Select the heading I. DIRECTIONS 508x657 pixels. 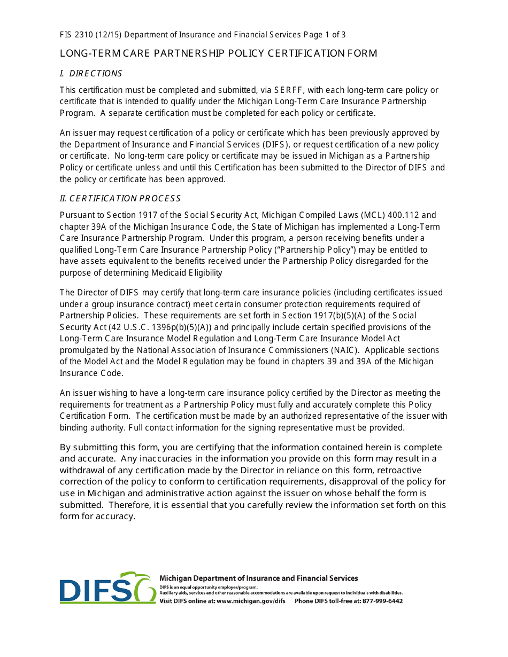click(90, 73)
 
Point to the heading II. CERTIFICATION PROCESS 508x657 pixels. click(120, 198)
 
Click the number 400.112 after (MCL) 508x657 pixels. click(392, 215)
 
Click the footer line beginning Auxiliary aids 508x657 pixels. click(280, 593)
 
